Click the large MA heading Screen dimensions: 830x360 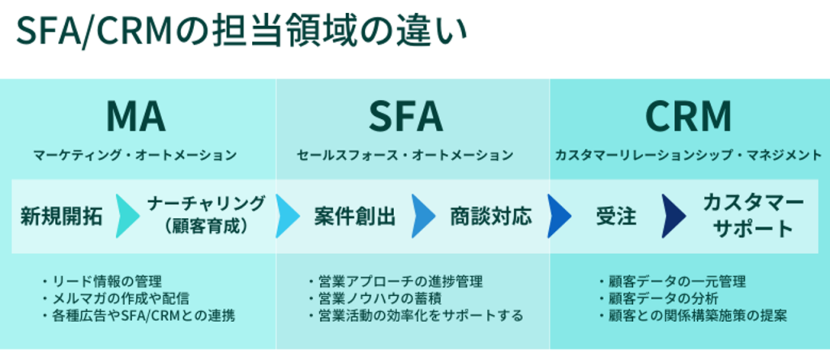136,116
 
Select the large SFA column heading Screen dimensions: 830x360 406,116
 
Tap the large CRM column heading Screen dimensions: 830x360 688,116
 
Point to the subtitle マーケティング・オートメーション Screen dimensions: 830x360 135,156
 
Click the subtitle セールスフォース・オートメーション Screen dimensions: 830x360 405,156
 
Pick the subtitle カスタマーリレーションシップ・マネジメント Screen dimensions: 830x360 688,156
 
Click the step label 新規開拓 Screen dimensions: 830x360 62,216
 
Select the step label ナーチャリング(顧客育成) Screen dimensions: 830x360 206,215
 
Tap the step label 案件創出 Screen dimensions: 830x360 355,216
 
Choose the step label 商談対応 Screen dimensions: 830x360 491,216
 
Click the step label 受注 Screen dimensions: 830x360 616,216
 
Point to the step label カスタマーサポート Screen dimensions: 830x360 753,215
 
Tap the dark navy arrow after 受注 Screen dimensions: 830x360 672,216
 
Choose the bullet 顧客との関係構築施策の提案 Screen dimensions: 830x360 693,316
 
